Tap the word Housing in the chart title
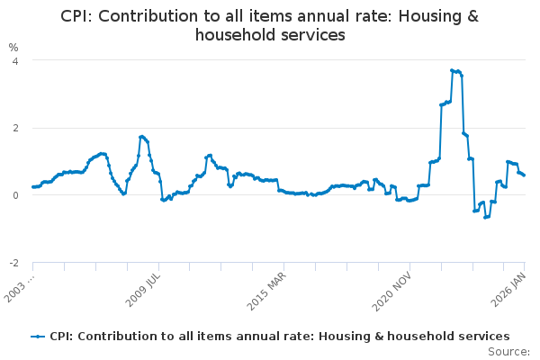point(421,16)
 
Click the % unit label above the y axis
point(13,47)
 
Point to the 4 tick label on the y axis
point(14,60)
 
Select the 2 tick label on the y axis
point(14,128)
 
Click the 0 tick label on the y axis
point(14,195)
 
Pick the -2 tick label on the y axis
point(13,263)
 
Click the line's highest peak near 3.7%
point(452,70)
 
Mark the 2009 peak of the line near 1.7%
point(142,137)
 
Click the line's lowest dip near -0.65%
point(485,217)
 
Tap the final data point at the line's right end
point(524,175)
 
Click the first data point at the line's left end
point(32,187)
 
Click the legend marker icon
point(38,336)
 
